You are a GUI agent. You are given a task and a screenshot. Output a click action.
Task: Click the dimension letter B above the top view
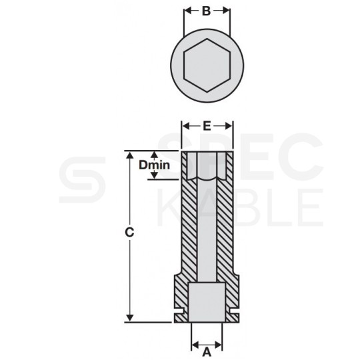coord(207,11)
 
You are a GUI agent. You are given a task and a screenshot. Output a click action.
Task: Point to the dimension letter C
coord(131,233)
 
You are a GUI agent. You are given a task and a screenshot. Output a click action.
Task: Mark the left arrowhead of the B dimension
coord(186,11)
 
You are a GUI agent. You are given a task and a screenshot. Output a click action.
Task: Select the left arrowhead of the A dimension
coord(195,345)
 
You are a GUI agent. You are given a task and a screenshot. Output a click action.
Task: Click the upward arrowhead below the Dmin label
coord(155,175)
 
